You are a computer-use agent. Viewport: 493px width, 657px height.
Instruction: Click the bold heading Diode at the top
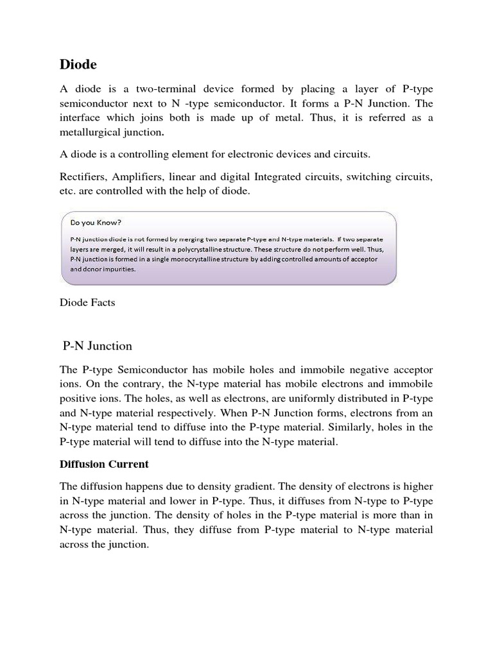pos(78,64)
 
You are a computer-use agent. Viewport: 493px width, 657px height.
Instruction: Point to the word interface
pos(81,117)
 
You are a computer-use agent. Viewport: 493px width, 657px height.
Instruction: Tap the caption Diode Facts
pos(87,303)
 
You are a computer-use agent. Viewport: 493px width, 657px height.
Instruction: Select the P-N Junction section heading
pos(98,346)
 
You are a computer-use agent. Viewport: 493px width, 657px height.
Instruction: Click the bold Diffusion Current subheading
pos(104,464)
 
